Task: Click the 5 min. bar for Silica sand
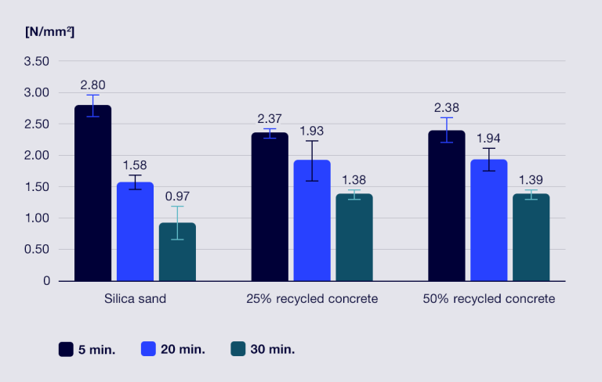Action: [x=93, y=193]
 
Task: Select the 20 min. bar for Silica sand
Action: [x=135, y=232]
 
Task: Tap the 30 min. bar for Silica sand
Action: [x=177, y=252]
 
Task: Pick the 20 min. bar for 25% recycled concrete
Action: [x=312, y=221]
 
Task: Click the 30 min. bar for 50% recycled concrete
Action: [x=531, y=237]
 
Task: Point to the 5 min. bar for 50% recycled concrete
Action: [x=447, y=206]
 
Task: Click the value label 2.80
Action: [x=93, y=85]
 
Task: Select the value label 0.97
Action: [x=177, y=196]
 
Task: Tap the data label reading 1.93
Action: [x=312, y=132]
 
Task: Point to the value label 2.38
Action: [x=447, y=108]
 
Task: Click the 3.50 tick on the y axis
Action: [x=37, y=61]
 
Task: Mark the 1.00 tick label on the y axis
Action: [x=37, y=218]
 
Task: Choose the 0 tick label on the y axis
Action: [x=46, y=281]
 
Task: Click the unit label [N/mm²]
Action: [x=50, y=32]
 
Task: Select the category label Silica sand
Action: [x=135, y=299]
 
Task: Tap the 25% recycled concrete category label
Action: [x=312, y=299]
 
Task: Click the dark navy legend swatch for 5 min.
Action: [x=66, y=349]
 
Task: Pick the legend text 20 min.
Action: [x=183, y=349]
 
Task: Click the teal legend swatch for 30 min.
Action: [x=238, y=349]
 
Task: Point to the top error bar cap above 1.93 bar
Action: [x=312, y=141]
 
